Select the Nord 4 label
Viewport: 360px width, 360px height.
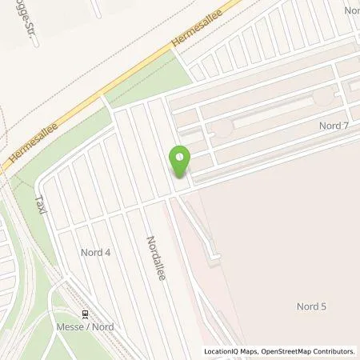(x=96, y=251)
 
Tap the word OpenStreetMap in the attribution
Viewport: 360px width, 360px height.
(x=286, y=350)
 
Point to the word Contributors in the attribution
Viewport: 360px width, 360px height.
(x=334, y=350)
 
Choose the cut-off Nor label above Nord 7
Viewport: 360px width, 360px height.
(x=350, y=10)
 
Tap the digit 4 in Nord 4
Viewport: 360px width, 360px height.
(x=108, y=251)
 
